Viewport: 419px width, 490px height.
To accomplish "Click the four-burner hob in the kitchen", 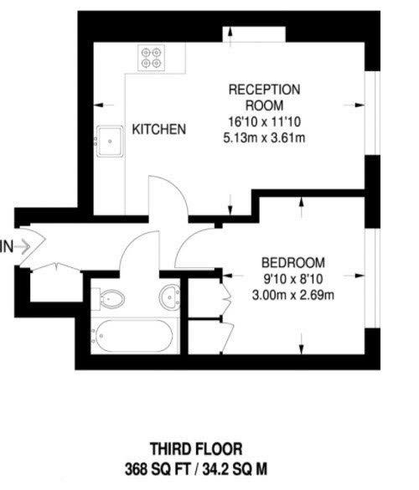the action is click(152, 58).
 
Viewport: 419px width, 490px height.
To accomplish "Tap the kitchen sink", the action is click(110, 142).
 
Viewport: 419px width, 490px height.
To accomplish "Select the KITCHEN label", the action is click(159, 129).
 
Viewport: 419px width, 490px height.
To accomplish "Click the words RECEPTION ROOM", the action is click(265, 97).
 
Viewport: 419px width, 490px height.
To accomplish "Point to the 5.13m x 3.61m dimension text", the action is click(264, 137).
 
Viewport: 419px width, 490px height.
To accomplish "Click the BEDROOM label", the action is click(293, 262).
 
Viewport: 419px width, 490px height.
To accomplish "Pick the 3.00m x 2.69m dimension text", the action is click(293, 295).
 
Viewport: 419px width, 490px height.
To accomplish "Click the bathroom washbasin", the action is click(170, 297).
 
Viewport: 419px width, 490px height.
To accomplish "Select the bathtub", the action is click(134, 336).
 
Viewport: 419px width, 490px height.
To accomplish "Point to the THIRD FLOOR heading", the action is click(196, 449).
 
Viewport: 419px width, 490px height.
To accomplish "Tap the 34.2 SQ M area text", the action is click(235, 469).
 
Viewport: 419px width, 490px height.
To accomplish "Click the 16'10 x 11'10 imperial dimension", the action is click(264, 121).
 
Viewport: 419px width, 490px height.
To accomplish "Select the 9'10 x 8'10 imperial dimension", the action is click(293, 279).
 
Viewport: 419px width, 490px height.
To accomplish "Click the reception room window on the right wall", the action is click(372, 113).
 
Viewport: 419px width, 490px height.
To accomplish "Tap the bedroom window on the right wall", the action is click(372, 278).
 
